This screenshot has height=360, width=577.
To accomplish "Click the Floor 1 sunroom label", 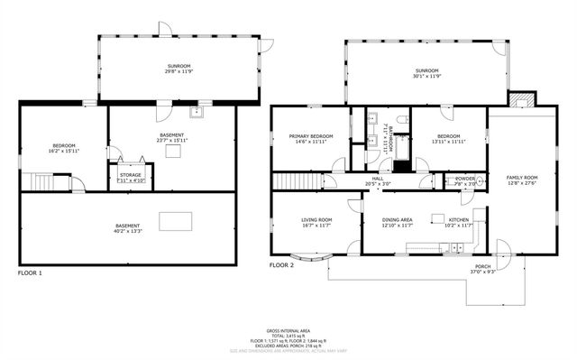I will pos(179,69).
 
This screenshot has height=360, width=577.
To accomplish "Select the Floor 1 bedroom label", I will pos(63,148).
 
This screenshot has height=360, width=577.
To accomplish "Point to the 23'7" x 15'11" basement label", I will pos(171,137).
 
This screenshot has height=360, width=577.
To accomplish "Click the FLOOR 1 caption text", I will pos(30,272).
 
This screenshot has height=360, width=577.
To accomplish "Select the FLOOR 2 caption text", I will pos(281,265).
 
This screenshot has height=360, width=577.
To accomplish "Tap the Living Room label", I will pos(316,222).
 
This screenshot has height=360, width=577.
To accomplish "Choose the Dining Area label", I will pos(397,222).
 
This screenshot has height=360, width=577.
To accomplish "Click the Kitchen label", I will pos(459,222).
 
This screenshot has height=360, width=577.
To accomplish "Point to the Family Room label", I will pos(521,180).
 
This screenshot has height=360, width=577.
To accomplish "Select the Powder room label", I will pos(464,180).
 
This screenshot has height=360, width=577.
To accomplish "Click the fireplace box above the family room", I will pos(520,100).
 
